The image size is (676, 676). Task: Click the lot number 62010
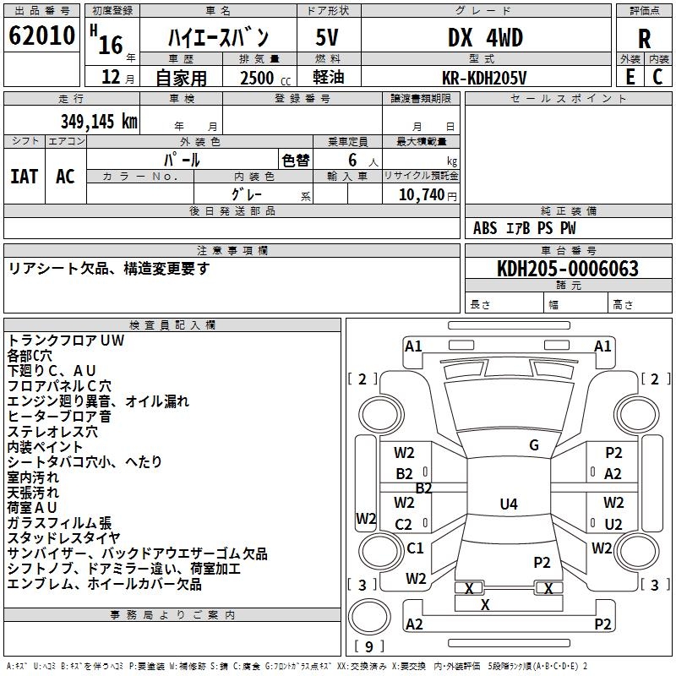41,36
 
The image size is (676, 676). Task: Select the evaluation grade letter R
644,38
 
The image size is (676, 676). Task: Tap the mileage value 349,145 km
99,122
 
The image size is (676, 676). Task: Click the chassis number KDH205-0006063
568,269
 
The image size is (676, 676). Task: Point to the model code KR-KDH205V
484,77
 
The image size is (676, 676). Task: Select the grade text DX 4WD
485,38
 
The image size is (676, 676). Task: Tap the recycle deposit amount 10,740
422,194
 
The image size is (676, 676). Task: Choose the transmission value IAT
25,176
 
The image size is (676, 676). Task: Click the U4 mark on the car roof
508,504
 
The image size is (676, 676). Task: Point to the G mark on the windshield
534,445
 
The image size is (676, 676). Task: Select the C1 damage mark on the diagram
415,548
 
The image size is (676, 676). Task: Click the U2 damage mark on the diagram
613,524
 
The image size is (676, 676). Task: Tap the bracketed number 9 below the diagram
368,646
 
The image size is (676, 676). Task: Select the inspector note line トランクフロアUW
66,341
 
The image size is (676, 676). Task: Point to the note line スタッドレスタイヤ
64,538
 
